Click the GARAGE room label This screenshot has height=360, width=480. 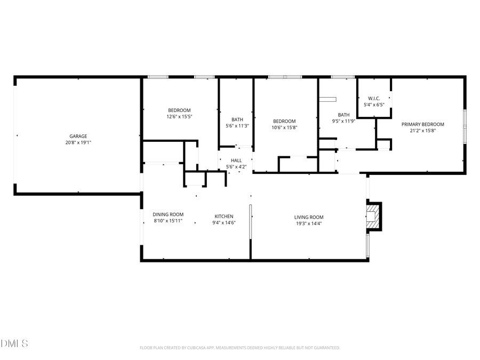click(x=78, y=136)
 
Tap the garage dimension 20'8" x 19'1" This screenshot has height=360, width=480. click(x=78, y=142)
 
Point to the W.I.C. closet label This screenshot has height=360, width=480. click(x=373, y=98)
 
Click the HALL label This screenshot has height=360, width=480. click(x=236, y=160)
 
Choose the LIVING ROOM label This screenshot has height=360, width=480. click(x=309, y=217)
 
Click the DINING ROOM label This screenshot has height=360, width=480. click(x=168, y=214)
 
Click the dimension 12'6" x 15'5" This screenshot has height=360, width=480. click(x=179, y=116)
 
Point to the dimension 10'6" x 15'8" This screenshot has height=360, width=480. click(x=284, y=127)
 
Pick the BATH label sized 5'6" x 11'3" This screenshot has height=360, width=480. click(x=237, y=119)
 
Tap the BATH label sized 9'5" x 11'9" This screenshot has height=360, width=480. click(x=343, y=115)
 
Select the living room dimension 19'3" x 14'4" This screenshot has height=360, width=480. click(x=309, y=223)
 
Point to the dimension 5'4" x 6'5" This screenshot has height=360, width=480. click(x=373, y=105)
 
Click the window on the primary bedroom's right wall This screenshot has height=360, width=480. click(x=465, y=126)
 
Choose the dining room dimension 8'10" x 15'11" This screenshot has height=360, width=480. click(x=168, y=221)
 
